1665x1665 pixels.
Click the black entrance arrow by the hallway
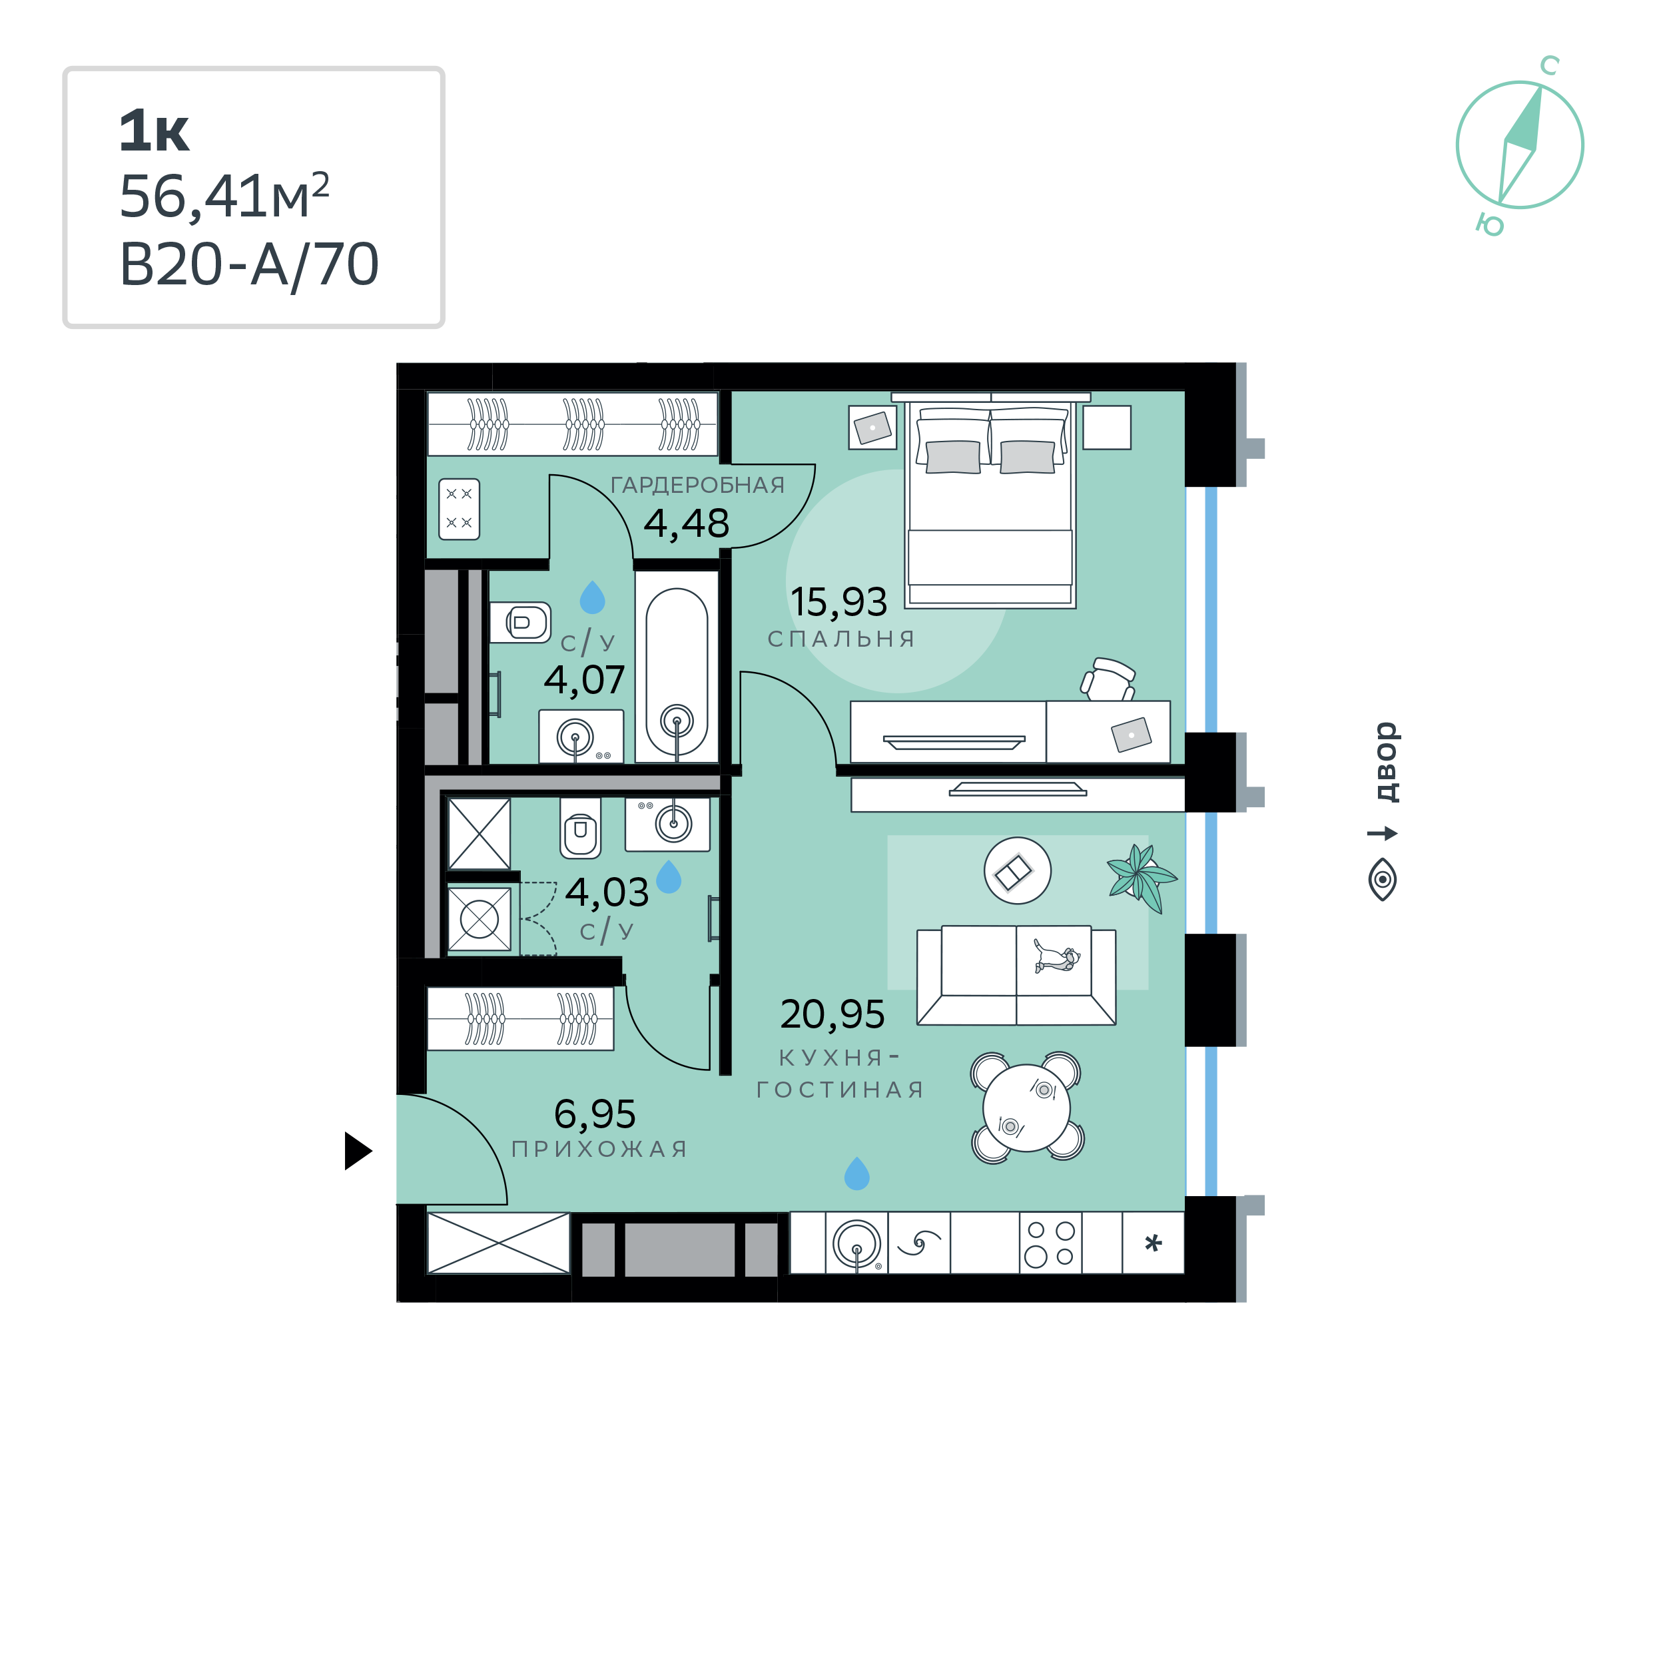coord(357,1150)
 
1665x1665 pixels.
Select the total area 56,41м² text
coord(224,196)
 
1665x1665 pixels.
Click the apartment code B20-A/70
coord(249,264)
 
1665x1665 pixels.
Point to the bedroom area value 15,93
coord(838,601)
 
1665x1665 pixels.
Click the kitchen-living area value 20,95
coord(832,1014)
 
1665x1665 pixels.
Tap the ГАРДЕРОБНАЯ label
coord(697,486)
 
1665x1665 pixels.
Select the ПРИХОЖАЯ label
coord(600,1149)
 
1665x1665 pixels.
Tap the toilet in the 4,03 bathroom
coord(580,827)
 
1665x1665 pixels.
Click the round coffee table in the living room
coord(1017,871)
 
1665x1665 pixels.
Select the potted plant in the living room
coord(1141,876)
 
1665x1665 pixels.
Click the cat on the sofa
coord(1056,956)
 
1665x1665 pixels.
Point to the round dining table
coord(1026,1108)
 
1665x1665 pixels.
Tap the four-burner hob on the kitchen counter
coord(1050,1243)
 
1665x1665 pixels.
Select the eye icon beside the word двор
coord(1383,879)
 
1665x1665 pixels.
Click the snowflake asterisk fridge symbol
coord(1153,1243)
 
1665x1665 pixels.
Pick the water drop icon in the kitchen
coord(856,1173)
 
